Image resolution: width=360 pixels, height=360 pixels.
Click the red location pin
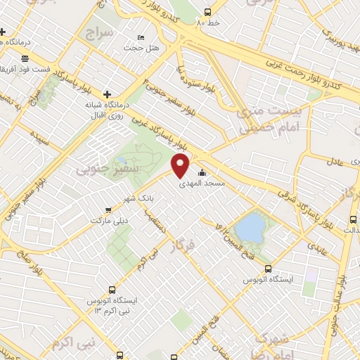[x=181, y=166]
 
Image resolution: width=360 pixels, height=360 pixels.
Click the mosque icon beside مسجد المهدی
[x=203, y=173]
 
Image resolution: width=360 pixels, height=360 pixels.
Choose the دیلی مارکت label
[x=105, y=219]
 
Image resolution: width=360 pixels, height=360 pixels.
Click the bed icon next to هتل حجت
[x=141, y=37]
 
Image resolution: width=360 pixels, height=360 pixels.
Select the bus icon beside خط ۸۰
[x=207, y=12]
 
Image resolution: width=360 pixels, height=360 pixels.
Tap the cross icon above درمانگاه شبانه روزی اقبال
[x=107, y=94]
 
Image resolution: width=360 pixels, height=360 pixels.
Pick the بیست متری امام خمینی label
[x=262, y=119]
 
